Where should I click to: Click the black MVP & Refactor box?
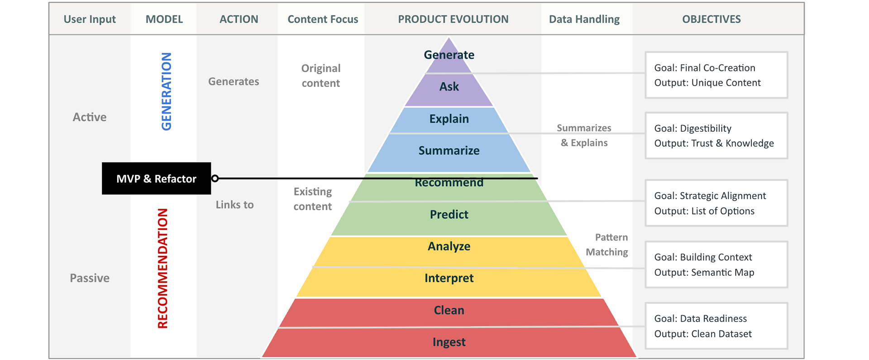(156, 178)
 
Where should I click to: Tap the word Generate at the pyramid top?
(449, 55)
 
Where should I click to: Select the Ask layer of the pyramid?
(449, 86)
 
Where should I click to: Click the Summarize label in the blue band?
(449, 150)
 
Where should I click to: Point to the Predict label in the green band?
(449, 214)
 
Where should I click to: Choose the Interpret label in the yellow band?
(449, 278)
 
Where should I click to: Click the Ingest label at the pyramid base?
(449, 342)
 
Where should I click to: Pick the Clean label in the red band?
(449, 310)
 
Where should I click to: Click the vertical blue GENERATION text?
(167, 91)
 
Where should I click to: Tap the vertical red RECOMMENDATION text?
(162, 268)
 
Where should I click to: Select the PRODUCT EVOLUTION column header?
(453, 19)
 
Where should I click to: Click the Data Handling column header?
(584, 19)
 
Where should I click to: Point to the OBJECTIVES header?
(711, 19)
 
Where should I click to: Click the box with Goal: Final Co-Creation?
(716, 75)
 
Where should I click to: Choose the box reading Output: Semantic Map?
(716, 264)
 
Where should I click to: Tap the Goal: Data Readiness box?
(716, 326)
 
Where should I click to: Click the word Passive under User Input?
(90, 278)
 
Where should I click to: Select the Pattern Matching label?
(607, 245)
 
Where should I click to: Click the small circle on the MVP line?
(215, 178)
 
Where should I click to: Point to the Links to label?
(234, 205)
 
